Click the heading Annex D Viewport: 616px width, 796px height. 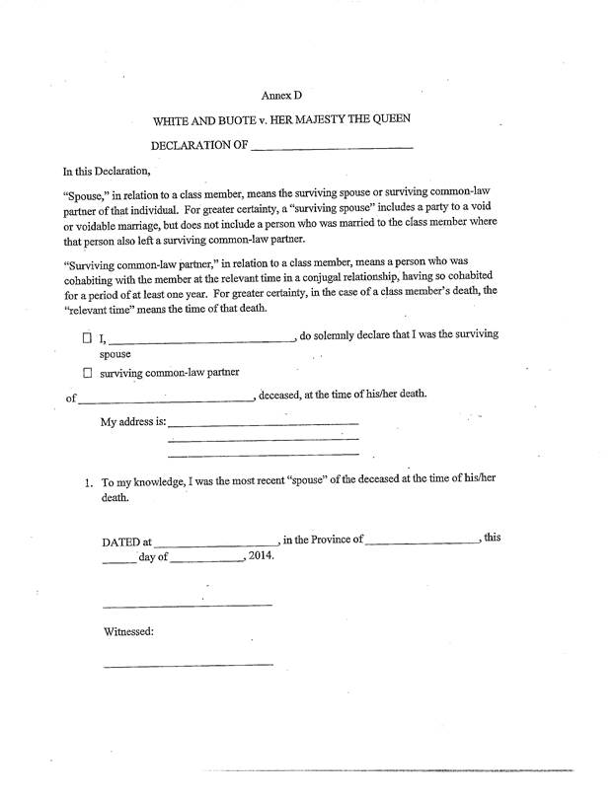(280, 96)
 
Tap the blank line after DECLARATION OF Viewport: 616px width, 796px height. (332, 148)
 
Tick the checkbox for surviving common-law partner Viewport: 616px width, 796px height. (87, 374)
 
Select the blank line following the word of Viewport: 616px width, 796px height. (165, 399)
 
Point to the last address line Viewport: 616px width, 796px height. (263, 455)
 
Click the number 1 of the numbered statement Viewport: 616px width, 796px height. (89, 483)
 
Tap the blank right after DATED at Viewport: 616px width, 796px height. (215, 543)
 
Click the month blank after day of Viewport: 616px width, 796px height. (207, 560)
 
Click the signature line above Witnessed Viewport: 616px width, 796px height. (187, 604)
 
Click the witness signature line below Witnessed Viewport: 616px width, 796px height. (187, 664)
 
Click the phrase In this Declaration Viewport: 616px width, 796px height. (106, 171)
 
